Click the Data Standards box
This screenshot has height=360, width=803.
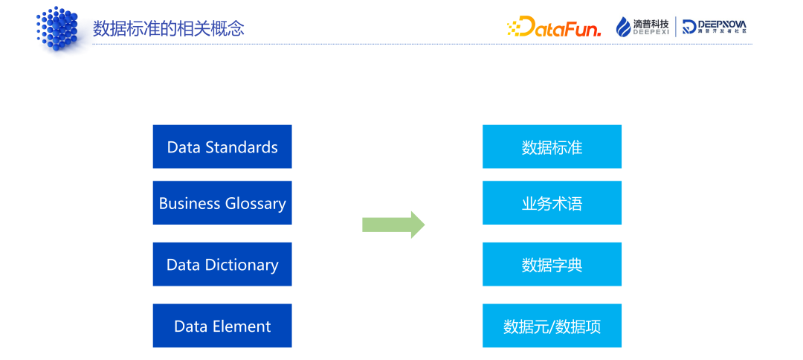click(222, 147)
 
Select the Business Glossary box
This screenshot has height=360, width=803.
click(222, 203)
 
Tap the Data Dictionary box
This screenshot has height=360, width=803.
click(222, 264)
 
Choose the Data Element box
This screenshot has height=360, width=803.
click(222, 326)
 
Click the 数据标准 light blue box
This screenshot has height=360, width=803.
click(552, 147)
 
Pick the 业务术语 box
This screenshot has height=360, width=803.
click(552, 203)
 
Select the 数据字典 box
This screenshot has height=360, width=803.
click(552, 264)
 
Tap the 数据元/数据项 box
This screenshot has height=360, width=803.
click(552, 326)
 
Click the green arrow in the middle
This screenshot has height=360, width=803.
click(393, 225)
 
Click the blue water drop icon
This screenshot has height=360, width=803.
click(623, 27)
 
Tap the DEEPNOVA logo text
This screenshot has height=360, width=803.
click(722, 24)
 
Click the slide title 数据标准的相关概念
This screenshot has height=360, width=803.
click(169, 28)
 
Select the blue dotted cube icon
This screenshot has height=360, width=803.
click(57, 28)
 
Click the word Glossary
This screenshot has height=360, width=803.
click(254, 204)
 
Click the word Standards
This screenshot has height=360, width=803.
click(242, 147)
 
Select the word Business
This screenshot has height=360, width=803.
click(190, 203)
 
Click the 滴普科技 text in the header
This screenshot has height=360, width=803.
click(651, 24)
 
